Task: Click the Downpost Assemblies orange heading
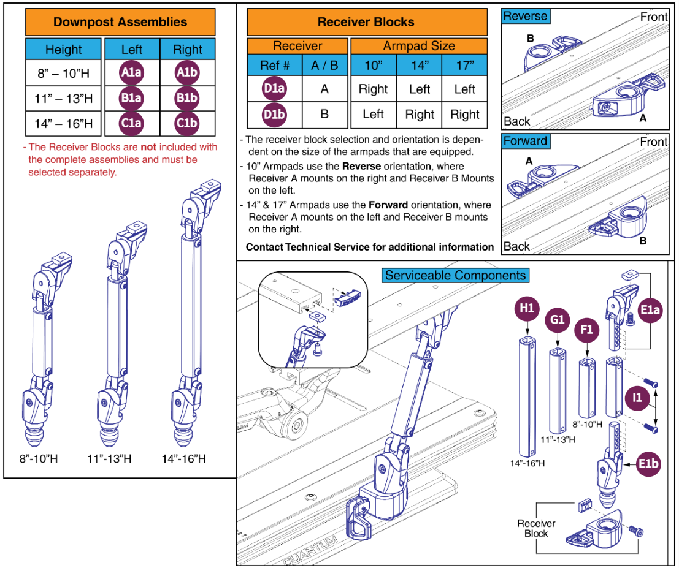point(120,22)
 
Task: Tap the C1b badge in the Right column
point(187,123)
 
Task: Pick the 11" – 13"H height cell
point(63,99)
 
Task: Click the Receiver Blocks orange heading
point(366,22)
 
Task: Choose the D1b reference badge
point(274,114)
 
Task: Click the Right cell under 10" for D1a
point(373,89)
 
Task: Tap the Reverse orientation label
point(525,17)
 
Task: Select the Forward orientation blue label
point(525,141)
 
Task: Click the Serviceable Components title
point(456,275)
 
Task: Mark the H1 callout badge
point(527,309)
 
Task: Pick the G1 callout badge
point(558,320)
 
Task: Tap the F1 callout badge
point(587,330)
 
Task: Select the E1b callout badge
point(647,464)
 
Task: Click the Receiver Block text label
point(536,529)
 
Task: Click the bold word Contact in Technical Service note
point(264,247)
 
